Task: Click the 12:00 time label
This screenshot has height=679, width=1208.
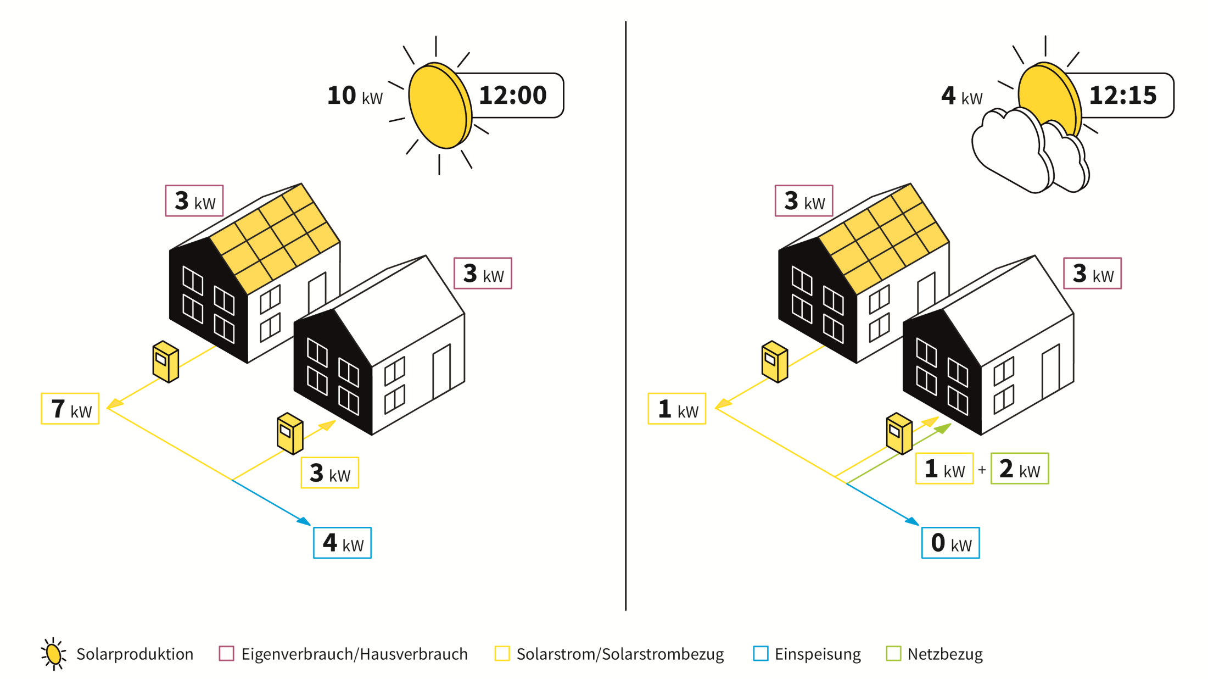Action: (512, 96)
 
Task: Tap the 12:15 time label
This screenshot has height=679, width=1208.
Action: (1123, 96)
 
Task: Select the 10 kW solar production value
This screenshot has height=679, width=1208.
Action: (355, 96)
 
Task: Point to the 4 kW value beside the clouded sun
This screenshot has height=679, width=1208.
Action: (961, 96)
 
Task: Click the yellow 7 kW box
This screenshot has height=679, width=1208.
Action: (70, 409)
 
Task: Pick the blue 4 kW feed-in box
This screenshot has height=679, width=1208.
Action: (342, 543)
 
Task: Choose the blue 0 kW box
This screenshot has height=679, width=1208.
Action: (950, 543)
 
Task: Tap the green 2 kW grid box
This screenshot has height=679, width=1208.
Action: (1020, 469)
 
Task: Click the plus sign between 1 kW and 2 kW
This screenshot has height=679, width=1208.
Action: (982, 470)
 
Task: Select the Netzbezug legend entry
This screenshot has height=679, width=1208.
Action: (935, 654)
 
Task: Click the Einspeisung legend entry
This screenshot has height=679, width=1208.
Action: (807, 654)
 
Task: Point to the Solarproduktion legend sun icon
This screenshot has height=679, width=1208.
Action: (54, 654)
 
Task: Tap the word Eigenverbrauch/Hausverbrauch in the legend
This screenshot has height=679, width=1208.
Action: (355, 654)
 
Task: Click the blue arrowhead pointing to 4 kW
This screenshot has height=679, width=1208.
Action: (304, 521)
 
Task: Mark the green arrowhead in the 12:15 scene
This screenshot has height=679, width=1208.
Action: (943, 428)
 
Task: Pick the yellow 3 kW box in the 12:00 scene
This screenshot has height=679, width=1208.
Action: (330, 472)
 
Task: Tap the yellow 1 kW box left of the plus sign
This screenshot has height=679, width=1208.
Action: (944, 469)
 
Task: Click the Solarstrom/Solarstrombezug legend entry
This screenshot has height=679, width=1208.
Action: (609, 654)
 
